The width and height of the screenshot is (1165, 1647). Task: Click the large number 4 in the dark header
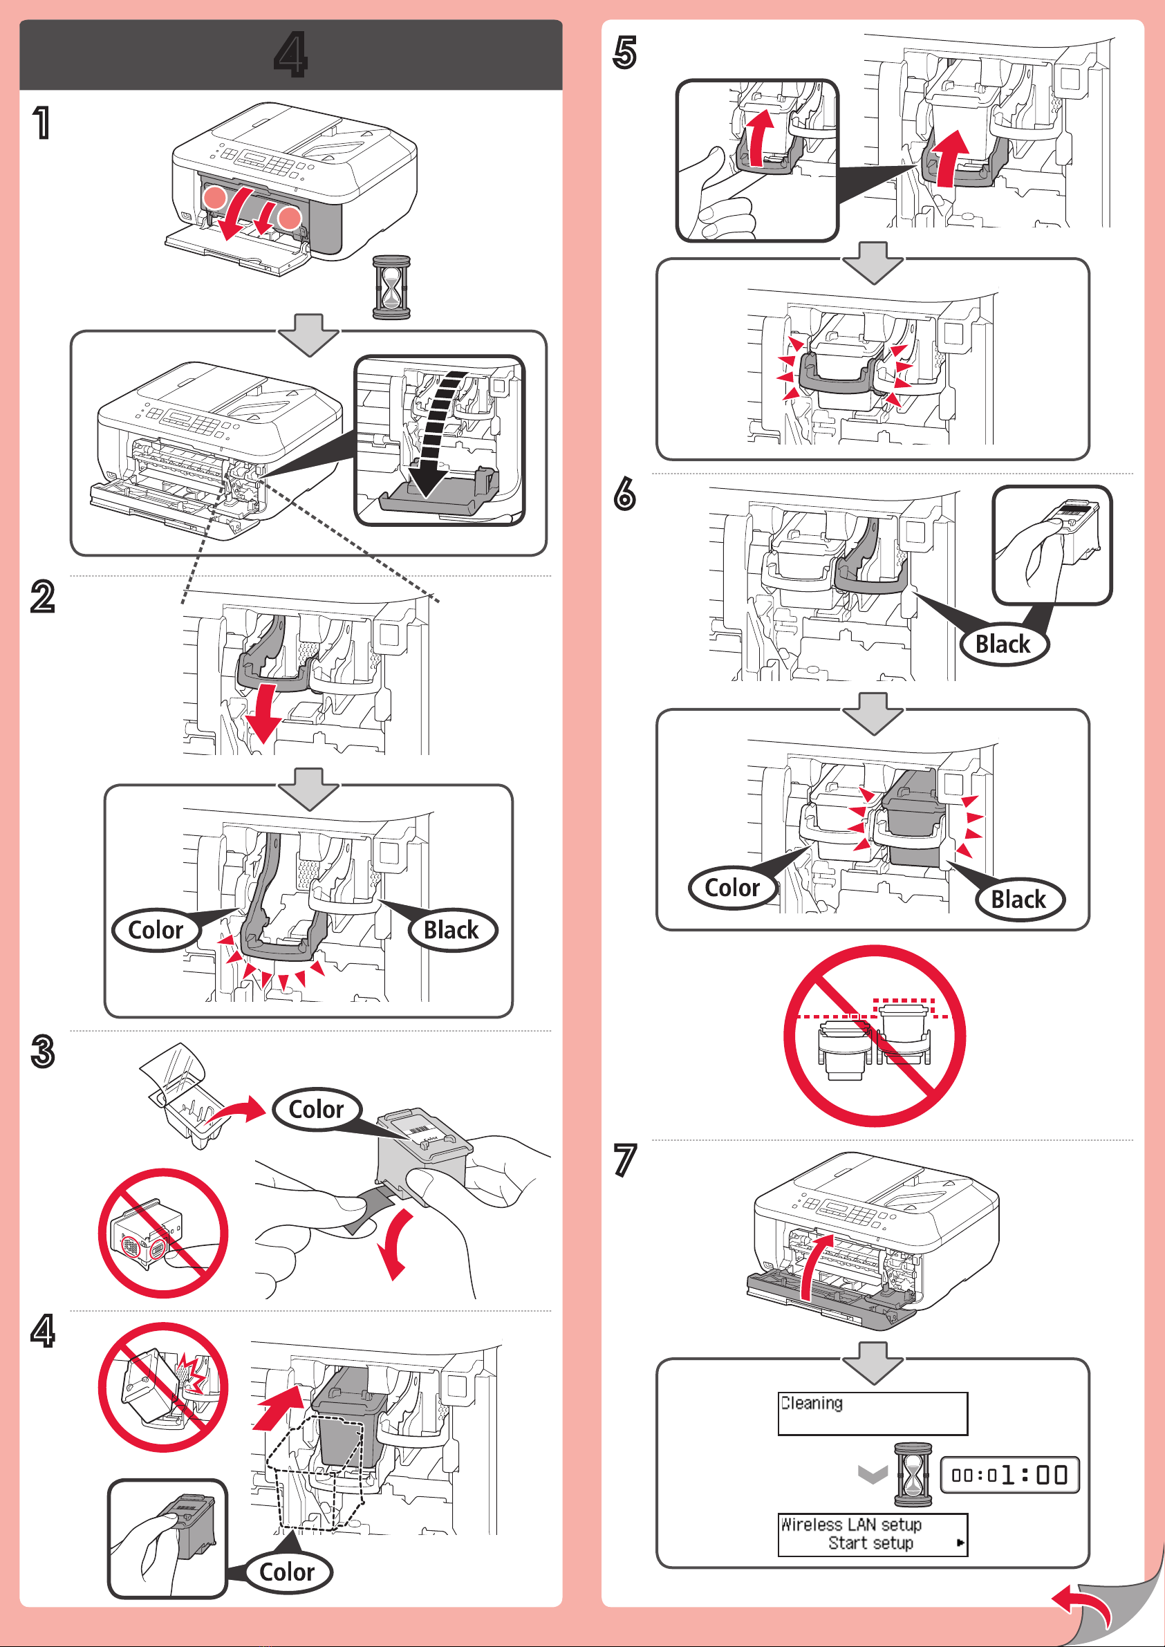290,55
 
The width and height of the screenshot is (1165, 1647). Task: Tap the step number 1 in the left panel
42,122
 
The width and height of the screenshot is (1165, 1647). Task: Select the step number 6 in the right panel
625,494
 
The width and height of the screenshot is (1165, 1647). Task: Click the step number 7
625,1160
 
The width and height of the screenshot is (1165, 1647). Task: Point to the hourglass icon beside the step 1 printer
392,288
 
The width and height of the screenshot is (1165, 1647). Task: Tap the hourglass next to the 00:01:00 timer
913,1475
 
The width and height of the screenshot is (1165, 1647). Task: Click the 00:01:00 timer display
1009,1475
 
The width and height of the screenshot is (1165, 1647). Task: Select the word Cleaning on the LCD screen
811,1403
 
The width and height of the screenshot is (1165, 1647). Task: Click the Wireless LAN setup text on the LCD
851,1525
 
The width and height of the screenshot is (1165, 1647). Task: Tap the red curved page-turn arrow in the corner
1082,1606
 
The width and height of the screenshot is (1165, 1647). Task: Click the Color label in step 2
156,931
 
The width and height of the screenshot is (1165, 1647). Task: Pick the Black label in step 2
451,931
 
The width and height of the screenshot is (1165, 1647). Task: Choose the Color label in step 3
317,1110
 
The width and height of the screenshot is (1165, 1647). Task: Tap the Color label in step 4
287,1572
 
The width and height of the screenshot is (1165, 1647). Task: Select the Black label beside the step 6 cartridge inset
1003,644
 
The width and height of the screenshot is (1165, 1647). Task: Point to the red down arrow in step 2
262,714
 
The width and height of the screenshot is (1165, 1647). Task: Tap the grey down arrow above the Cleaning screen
873,1363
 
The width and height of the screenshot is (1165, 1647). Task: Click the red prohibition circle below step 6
875,1036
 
